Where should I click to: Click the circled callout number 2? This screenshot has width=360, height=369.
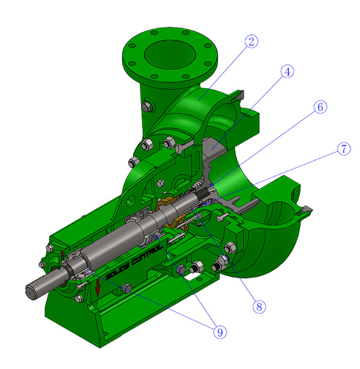click(251, 41)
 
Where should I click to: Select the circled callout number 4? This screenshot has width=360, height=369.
click(287, 71)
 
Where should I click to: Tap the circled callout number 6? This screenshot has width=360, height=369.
click(320, 107)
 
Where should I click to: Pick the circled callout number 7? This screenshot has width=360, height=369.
click(343, 149)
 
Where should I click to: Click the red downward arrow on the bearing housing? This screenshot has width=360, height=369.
click(97, 289)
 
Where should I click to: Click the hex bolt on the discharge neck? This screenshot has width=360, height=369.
click(146, 107)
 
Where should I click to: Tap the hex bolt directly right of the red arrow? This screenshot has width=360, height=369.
click(126, 290)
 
